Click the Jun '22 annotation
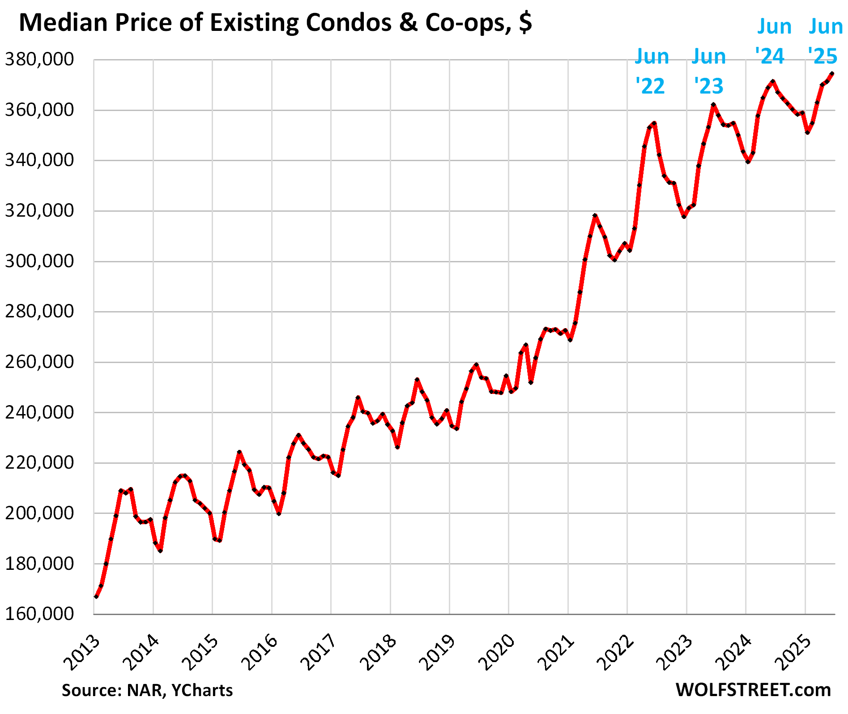(652, 71)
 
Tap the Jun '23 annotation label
(709, 71)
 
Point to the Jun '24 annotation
(773, 41)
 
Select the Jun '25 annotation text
(825, 41)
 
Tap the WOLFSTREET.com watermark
(753, 690)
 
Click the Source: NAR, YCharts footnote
(147, 690)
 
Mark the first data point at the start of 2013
(96, 597)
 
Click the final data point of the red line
(832, 74)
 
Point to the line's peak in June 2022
(654, 123)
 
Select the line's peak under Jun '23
(713, 105)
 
